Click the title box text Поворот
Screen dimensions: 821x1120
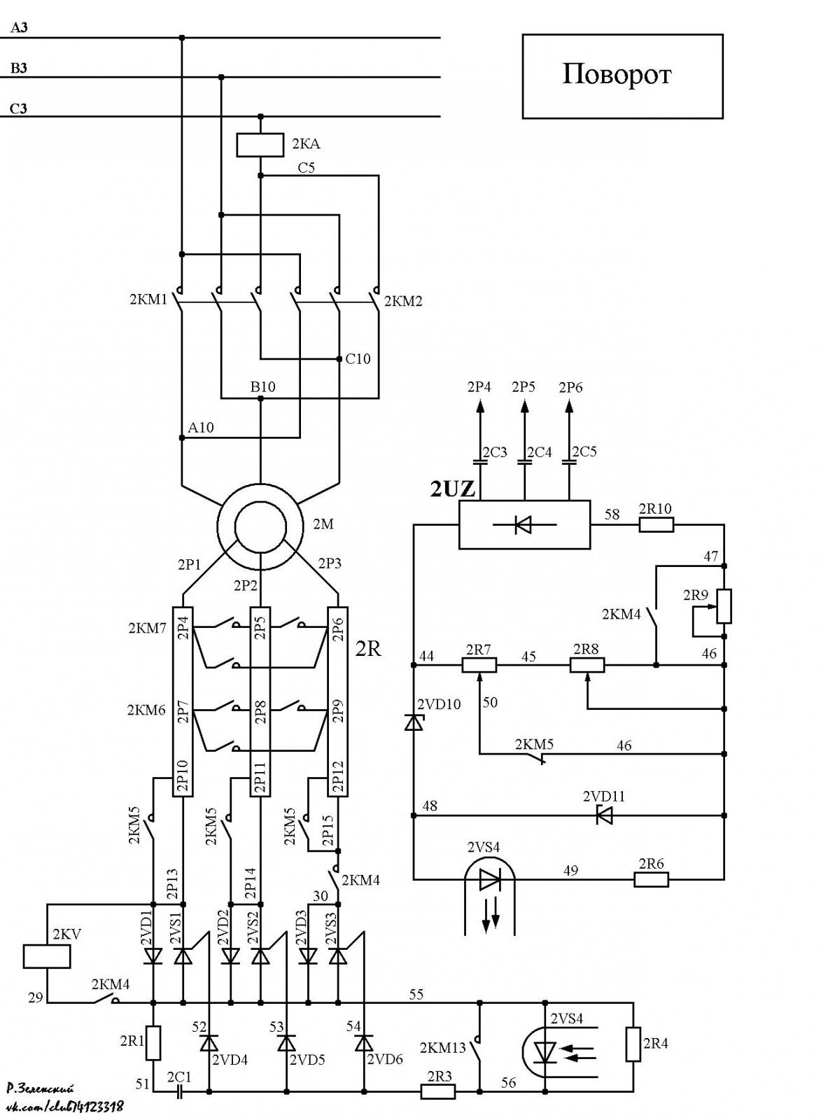coord(617,75)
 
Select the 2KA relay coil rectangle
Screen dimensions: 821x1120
coord(260,145)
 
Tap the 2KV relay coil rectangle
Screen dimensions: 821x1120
coord(47,956)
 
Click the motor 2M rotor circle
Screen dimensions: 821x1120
coord(260,527)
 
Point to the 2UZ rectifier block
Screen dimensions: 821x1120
coord(524,525)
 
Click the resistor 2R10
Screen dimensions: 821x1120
coord(657,525)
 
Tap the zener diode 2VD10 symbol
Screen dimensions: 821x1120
coord(414,722)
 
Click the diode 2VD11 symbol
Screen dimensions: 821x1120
coord(604,815)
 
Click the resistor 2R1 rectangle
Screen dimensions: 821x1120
coord(153,1042)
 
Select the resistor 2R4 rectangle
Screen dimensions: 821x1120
coord(633,1044)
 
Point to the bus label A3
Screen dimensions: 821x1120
coord(19,28)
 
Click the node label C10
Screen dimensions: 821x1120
coord(358,359)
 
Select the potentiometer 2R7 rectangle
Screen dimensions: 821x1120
coord(479,665)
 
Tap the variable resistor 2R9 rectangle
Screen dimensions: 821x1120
coord(724,606)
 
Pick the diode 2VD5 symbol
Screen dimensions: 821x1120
coord(287,1043)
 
